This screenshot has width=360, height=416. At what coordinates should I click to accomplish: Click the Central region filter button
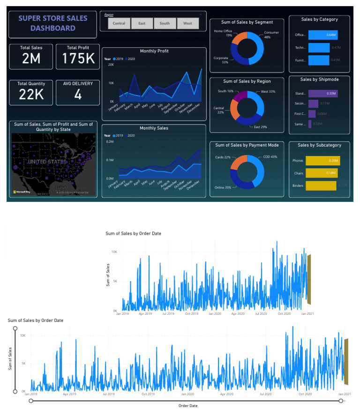click(x=119, y=23)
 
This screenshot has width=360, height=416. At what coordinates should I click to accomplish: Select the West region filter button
click(x=187, y=23)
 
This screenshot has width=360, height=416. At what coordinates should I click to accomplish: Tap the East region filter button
click(x=142, y=23)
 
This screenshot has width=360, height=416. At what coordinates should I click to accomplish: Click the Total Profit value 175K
click(x=78, y=58)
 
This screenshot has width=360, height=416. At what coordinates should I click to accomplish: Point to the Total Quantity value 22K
click(x=31, y=94)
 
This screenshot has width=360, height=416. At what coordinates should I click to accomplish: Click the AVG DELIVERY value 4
click(x=78, y=94)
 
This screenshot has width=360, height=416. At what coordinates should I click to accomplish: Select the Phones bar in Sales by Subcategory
click(x=322, y=161)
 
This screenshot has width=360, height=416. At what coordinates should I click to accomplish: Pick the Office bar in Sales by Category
click(x=322, y=35)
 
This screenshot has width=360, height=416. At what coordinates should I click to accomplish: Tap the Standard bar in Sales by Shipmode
click(x=322, y=94)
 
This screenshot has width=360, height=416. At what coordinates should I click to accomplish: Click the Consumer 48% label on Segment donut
click(x=271, y=35)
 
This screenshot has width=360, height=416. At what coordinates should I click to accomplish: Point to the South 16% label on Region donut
click(x=226, y=91)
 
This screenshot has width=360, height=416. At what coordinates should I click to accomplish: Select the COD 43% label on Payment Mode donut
click(x=270, y=157)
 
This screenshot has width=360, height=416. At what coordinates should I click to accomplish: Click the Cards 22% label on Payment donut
click(x=223, y=157)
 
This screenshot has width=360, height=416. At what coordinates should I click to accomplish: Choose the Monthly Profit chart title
click(x=154, y=51)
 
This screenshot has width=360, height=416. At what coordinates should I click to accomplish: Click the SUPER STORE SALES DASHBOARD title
click(x=53, y=23)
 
